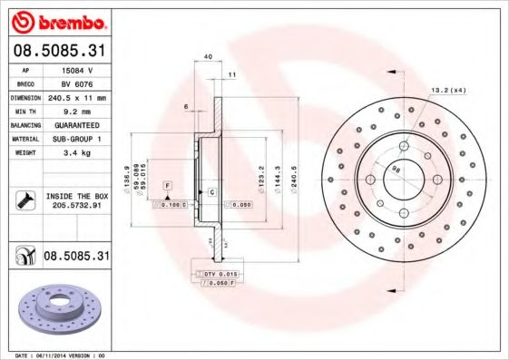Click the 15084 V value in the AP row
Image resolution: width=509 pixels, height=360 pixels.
click(x=77, y=68)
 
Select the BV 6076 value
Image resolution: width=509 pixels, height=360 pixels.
click(x=77, y=83)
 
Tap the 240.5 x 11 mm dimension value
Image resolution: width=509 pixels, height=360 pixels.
click(x=77, y=96)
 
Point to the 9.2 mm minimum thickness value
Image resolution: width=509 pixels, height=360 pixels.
click(x=77, y=111)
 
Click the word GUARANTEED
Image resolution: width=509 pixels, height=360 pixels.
click(x=77, y=124)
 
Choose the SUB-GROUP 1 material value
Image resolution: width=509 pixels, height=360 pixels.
click(x=77, y=139)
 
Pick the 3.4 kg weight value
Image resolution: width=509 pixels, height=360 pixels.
click(x=77, y=153)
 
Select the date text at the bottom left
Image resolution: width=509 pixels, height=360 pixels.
click(x=55, y=355)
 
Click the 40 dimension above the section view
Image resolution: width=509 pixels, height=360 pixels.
click(x=209, y=56)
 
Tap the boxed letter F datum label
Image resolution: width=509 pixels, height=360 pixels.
click(x=168, y=185)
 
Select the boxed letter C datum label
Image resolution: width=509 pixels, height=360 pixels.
click(x=211, y=192)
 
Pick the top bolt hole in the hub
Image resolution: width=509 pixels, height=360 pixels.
click(x=404, y=145)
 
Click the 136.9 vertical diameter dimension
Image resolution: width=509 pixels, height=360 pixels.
click(x=126, y=175)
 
